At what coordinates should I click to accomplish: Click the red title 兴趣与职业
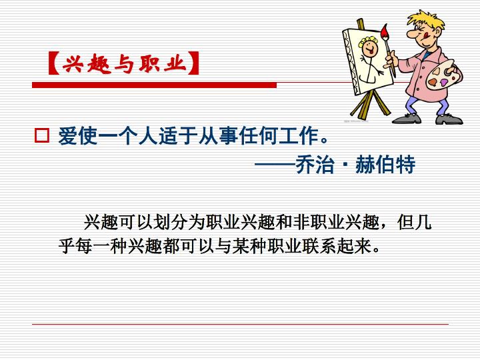coord(124,64)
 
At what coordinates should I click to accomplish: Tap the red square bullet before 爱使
coord(41,135)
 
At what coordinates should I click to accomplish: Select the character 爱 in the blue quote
coord(67,135)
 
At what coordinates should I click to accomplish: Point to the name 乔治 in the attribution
coord(315,165)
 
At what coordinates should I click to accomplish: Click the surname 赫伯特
coord(385,165)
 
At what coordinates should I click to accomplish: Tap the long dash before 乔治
coord(275,165)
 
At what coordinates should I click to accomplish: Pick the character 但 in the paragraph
coord(406,222)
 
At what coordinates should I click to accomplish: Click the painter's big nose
coord(411,33)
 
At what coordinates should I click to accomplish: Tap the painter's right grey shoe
coord(449,119)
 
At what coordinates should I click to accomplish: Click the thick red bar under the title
coord(154,85)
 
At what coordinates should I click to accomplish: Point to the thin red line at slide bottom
coord(240,324)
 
